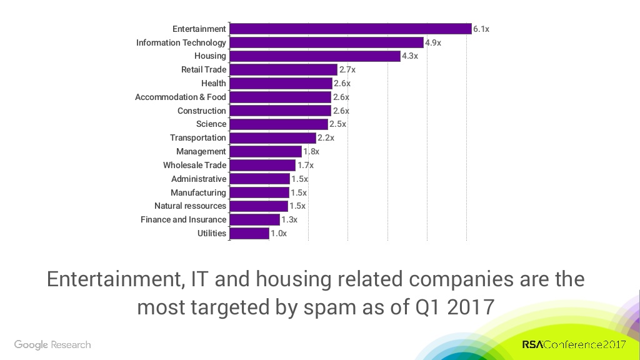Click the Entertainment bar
[350, 29]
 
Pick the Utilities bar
[249, 233]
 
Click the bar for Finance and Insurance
[254, 219]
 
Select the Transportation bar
[272, 137]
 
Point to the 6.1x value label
[481, 29]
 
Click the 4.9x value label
[433, 43]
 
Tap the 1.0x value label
[279, 234]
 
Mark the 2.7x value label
[347, 70]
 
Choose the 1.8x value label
[311, 152]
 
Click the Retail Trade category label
[203, 70]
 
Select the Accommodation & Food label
[180, 97]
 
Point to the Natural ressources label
[190, 206]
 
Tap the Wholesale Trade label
[194, 165]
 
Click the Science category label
[211, 124]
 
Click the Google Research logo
[52, 345]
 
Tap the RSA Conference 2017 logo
[574, 345]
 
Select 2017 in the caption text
[471, 307]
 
